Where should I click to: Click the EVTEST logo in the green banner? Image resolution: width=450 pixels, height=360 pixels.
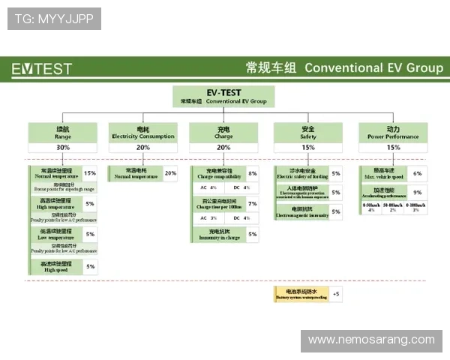tap(42, 69)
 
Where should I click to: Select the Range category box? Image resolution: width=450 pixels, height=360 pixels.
tap(63, 133)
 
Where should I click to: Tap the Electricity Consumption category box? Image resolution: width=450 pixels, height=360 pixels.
tap(142, 133)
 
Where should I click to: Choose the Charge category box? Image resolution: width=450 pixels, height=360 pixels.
tap(223, 133)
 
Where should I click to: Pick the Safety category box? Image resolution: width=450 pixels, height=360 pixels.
tap(308, 133)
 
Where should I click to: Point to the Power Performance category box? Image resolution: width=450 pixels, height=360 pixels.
tap(393, 133)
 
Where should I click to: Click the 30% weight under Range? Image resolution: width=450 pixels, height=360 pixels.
tap(63, 148)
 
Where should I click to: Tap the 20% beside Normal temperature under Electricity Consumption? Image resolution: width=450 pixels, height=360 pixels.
tap(170, 173)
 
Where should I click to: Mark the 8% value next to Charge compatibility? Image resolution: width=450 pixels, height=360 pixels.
tap(252, 173)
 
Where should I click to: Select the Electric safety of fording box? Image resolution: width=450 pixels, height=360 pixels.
tap(301, 173)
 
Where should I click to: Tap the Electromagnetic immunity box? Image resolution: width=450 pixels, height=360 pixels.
tap(301, 212)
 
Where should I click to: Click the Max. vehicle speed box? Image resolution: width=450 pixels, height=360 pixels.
tap(385, 173)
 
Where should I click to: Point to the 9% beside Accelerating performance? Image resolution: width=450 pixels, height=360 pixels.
tap(417, 193)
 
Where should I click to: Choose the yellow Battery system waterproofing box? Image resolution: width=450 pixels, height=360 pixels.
tap(301, 294)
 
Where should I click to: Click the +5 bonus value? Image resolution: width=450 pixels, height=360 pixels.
tap(335, 294)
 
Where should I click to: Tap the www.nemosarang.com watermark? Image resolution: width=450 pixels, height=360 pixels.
tap(371, 340)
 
